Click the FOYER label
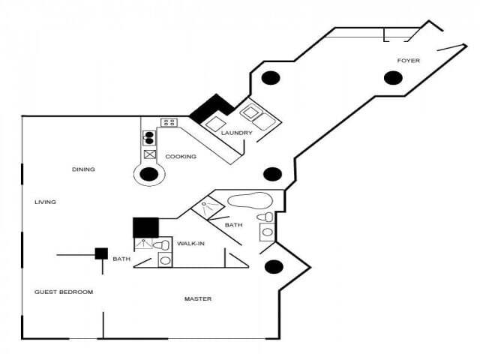point(409,60)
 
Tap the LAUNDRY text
point(236,133)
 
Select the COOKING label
point(181,157)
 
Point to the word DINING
point(83,169)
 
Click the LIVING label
point(46,202)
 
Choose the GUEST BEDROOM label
point(64,292)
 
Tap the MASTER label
point(198,299)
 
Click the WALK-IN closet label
point(190,244)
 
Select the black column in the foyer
point(393,77)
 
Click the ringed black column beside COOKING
point(149,175)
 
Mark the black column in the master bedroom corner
point(274,266)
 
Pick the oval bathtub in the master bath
point(249,200)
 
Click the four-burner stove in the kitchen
point(169,122)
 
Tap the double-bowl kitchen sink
point(148,137)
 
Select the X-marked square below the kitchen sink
point(149,155)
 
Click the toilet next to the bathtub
point(265,217)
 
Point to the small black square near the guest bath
point(100,253)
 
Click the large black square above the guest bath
point(145,227)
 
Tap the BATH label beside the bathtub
point(233,225)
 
